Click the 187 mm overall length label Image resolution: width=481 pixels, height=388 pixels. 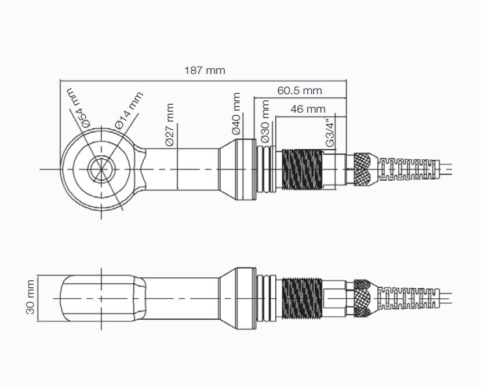point(204,71)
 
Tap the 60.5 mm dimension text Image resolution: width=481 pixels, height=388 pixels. point(299,91)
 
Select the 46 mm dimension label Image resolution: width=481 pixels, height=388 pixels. point(308,109)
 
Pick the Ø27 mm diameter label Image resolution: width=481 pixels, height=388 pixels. point(169,125)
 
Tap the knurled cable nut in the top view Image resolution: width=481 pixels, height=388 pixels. point(364,169)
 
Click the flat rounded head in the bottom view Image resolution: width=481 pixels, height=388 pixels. point(101,297)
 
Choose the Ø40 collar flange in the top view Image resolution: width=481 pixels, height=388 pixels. point(243,169)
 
